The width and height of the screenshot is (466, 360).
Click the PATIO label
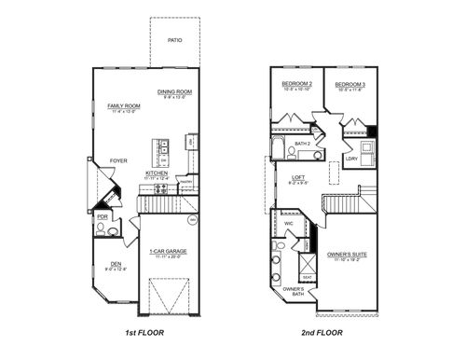(x=174, y=41)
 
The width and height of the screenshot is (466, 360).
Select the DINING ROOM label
(x=174, y=91)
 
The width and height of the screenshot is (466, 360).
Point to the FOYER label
(x=118, y=159)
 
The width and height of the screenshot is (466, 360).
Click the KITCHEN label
(x=157, y=173)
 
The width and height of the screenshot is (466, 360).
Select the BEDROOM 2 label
(x=295, y=84)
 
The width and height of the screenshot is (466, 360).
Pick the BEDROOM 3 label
(x=349, y=84)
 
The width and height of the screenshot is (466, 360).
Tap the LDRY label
(x=351, y=159)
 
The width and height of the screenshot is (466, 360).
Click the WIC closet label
(x=289, y=223)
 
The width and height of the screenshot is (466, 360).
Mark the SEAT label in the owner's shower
(x=307, y=277)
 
